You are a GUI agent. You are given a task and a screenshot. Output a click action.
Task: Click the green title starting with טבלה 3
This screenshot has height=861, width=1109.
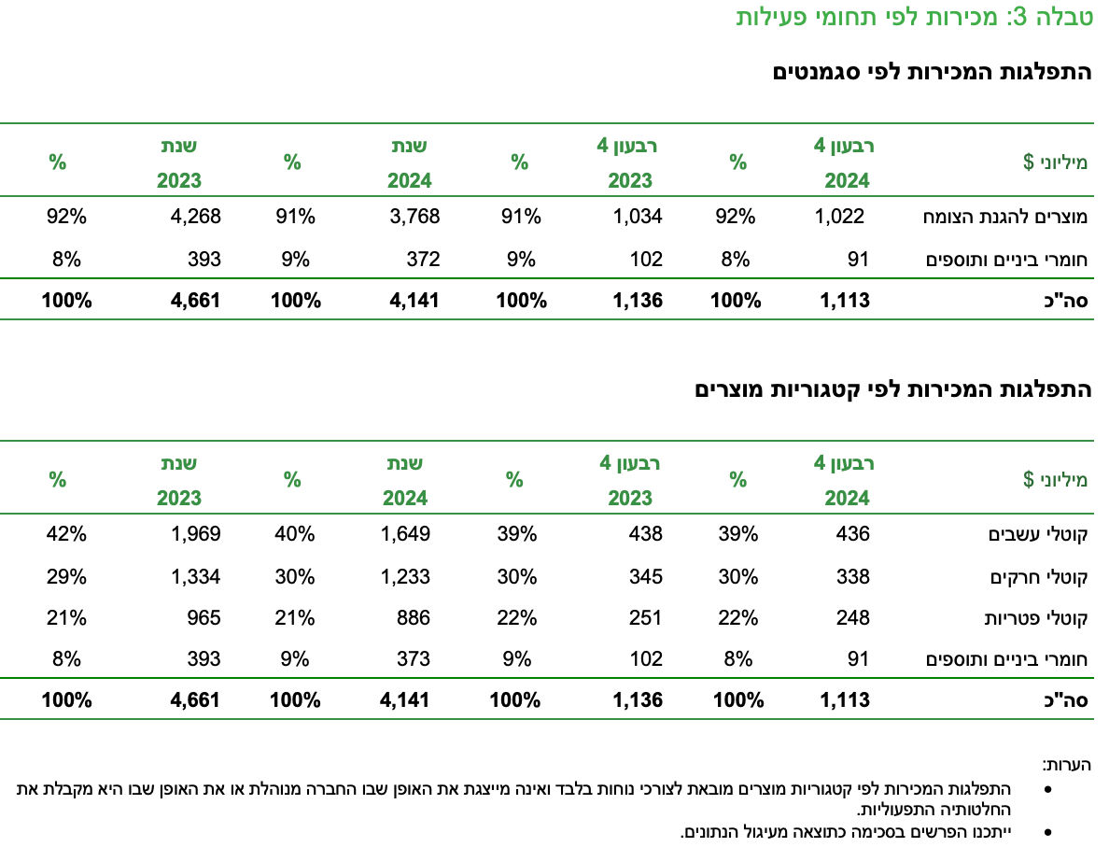[x=914, y=18]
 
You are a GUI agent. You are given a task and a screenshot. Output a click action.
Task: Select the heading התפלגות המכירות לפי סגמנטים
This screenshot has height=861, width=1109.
[x=932, y=73]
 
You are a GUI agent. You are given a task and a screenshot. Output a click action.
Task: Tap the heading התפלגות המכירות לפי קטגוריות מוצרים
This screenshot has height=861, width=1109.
[x=892, y=389]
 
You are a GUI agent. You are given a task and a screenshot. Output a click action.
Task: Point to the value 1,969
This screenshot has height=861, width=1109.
[x=195, y=534]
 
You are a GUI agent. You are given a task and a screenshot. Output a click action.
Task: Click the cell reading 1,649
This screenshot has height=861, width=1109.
[x=406, y=534]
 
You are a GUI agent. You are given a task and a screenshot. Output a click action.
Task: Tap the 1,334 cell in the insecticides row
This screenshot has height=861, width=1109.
[x=195, y=576]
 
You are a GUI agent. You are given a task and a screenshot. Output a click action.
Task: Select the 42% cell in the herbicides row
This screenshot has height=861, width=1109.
[x=66, y=534]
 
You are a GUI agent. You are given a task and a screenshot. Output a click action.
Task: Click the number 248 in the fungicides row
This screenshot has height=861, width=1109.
[x=852, y=617]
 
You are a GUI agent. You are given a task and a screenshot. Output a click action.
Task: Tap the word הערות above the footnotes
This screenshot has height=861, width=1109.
[x=1066, y=764]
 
